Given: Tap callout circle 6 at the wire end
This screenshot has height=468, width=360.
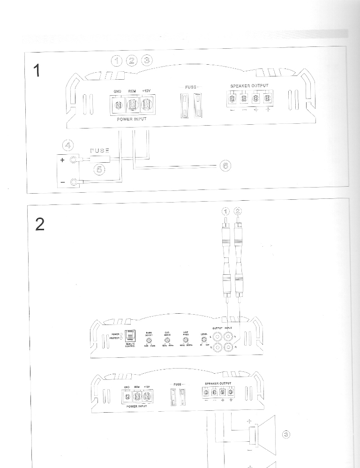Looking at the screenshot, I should click(x=225, y=165).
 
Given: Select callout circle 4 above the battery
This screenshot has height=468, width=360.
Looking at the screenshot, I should click(x=67, y=144).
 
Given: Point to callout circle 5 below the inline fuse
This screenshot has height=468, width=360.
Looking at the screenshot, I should click(x=99, y=170).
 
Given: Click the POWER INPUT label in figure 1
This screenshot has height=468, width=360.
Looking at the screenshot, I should click(x=131, y=120).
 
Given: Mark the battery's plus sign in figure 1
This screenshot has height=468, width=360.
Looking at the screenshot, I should click(x=62, y=160).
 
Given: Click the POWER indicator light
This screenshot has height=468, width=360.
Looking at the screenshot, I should click(x=121, y=334).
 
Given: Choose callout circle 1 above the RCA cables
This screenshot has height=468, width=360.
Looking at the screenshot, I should click(x=226, y=211).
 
